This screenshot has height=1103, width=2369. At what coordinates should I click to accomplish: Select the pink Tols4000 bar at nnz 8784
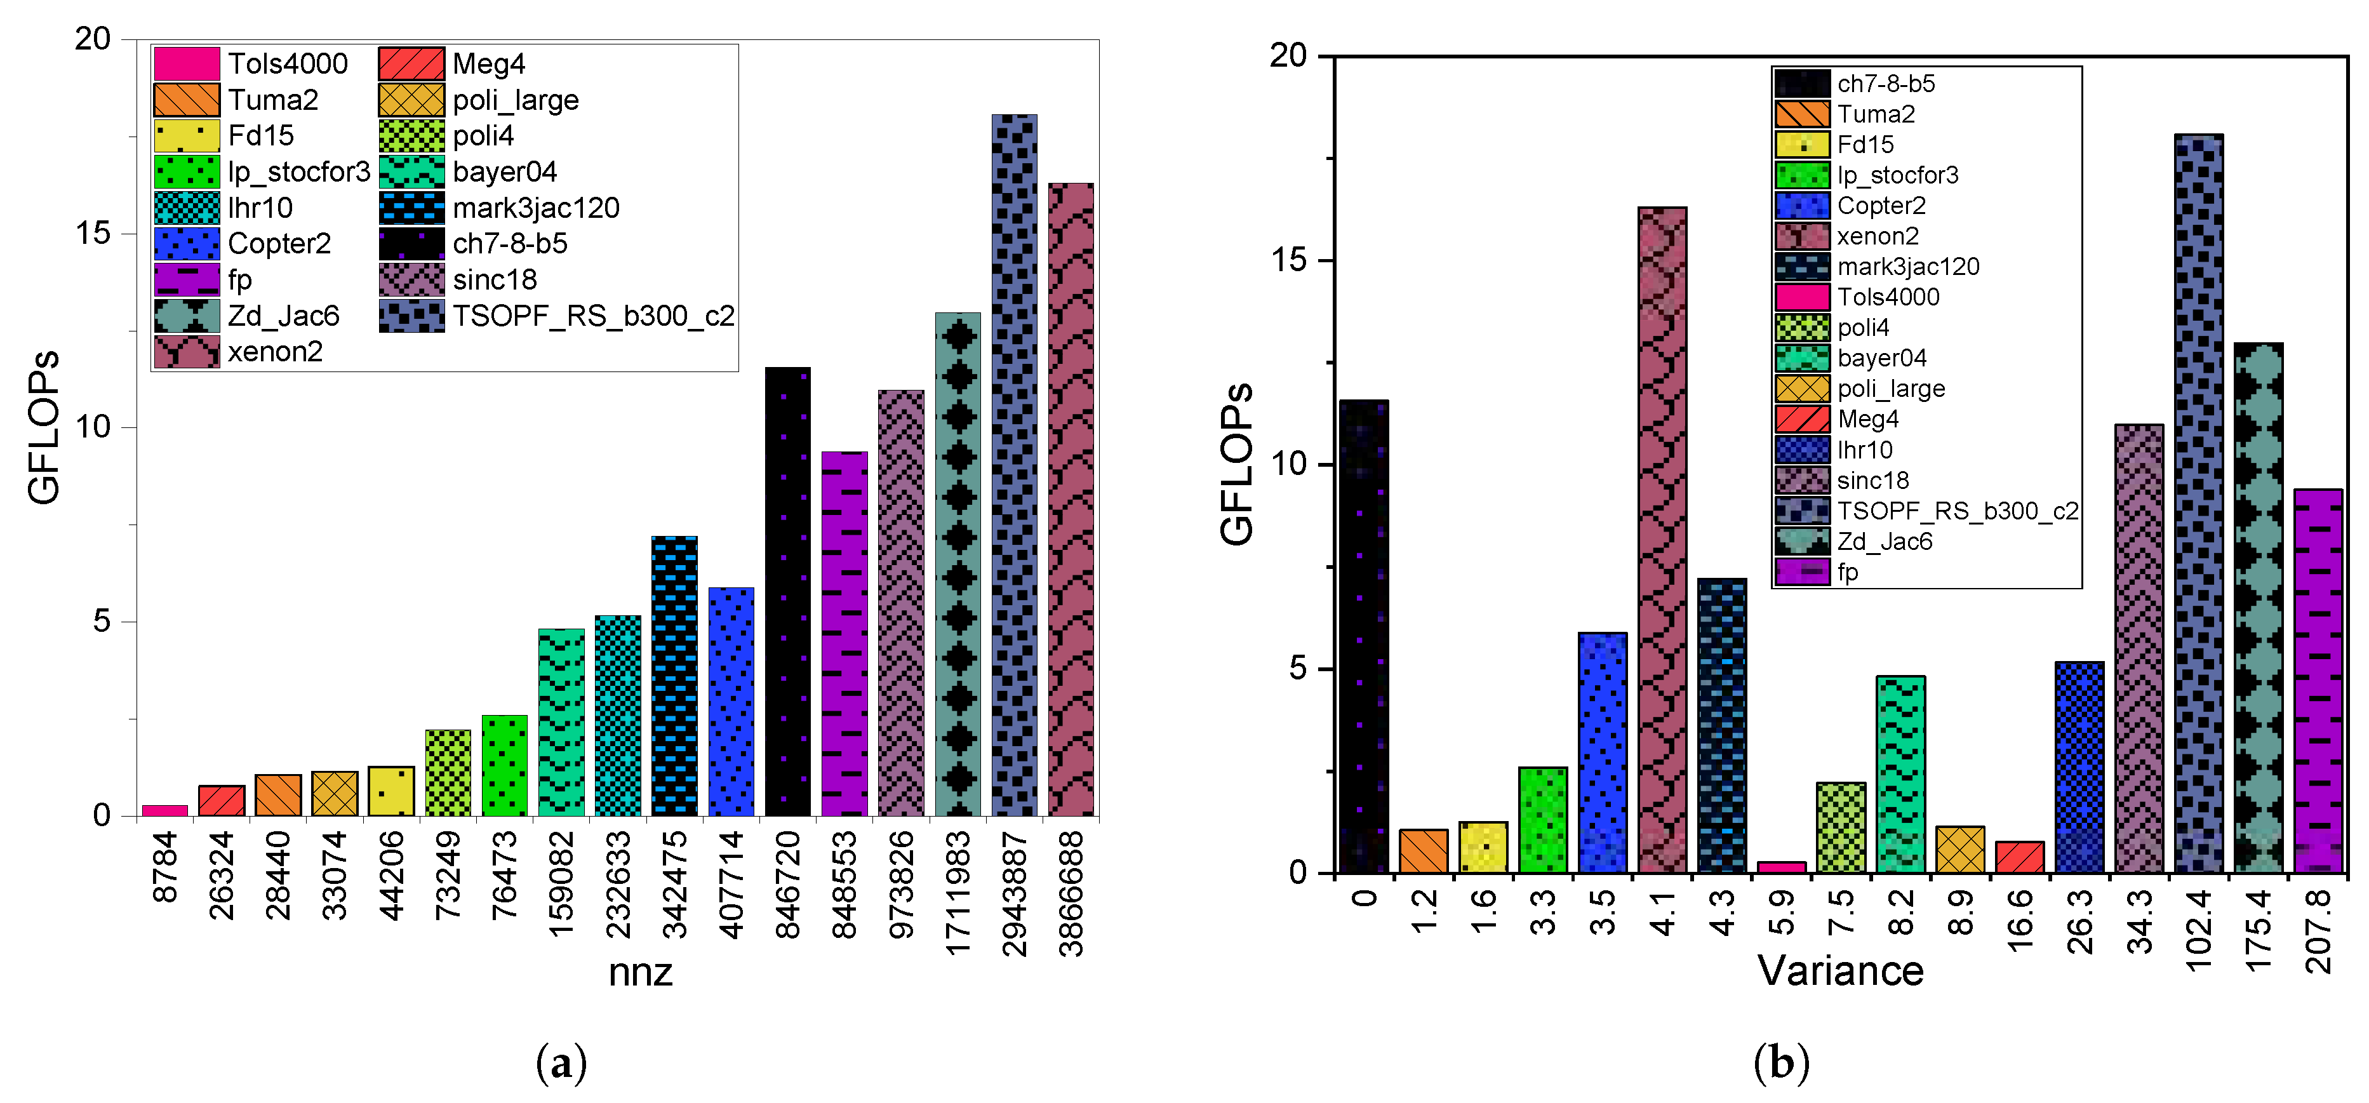[x=164, y=810]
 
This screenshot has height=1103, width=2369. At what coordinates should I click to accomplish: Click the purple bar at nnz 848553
[x=844, y=634]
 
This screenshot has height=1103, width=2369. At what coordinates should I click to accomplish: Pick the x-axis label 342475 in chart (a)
[x=675, y=884]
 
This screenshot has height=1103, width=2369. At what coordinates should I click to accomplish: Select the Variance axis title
[x=1840, y=970]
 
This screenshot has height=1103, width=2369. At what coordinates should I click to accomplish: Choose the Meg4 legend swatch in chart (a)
[x=411, y=64]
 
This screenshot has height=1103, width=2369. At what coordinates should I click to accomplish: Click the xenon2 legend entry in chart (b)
[x=1877, y=236]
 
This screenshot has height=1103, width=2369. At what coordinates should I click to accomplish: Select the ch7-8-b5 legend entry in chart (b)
[x=1885, y=84]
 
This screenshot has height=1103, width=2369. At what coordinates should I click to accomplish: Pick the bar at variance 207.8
[x=2318, y=681]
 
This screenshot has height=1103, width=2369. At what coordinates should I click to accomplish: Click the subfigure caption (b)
[x=1780, y=1064]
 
